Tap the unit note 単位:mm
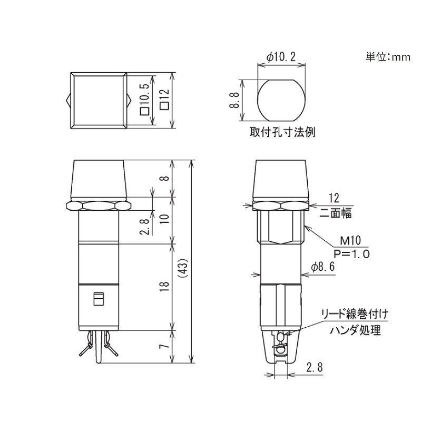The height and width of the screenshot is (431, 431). pyautogui.click(x=387, y=57)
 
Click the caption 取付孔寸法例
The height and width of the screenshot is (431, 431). pyautogui.click(x=282, y=132)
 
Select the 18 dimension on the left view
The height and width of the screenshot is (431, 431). pyautogui.click(x=164, y=286)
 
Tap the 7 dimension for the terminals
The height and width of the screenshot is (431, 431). pyautogui.click(x=164, y=347)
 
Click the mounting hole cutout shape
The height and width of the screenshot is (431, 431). pyautogui.click(x=281, y=100)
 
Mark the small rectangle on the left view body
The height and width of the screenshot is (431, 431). pyautogui.click(x=97, y=300)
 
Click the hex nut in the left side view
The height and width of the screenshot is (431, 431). pyautogui.click(x=98, y=205)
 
